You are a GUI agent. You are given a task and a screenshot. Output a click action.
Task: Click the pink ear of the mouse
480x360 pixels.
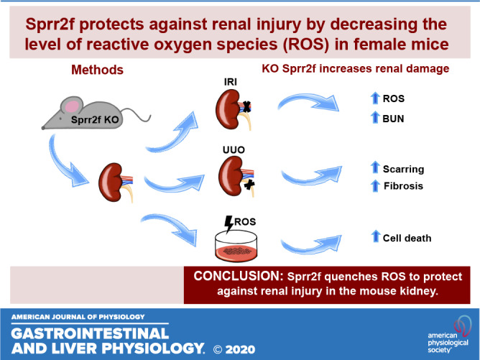coord(73,106)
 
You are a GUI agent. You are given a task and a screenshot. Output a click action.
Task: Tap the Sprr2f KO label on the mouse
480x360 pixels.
coord(95,120)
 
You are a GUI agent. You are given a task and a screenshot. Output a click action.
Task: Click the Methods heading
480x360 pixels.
coord(97,70)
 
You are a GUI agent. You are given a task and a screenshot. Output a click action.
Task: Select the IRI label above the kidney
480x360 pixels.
coord(230,82)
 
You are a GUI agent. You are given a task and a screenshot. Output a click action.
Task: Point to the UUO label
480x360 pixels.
coord(234,149)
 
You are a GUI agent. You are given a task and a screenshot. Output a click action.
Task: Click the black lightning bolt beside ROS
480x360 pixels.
coord(229,224)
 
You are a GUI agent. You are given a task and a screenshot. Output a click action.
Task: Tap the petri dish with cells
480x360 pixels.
coord(236,246)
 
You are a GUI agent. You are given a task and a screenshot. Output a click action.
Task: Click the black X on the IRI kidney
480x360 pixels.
coord(246,106)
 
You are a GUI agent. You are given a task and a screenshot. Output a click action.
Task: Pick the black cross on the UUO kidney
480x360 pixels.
coord(249,185)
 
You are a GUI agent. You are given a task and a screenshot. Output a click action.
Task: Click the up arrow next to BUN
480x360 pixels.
coord(375,117)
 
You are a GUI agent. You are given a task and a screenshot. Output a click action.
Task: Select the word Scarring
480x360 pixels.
coord(403,170)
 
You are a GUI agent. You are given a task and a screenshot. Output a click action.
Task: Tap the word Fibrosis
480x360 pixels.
coord(403,186)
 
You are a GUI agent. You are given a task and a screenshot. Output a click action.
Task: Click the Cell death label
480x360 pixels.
coord(407,238)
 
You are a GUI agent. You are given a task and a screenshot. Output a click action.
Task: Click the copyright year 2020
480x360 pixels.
coord(240,349)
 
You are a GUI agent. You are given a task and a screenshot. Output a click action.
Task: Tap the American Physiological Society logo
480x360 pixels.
coord(449,334)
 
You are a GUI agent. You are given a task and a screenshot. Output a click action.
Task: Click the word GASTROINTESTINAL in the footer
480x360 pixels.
coord(90,333)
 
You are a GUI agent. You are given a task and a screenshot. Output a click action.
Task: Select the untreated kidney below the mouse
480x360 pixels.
coord(116,183)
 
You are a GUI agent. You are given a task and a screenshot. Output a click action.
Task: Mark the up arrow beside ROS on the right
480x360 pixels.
coord(375,98)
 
